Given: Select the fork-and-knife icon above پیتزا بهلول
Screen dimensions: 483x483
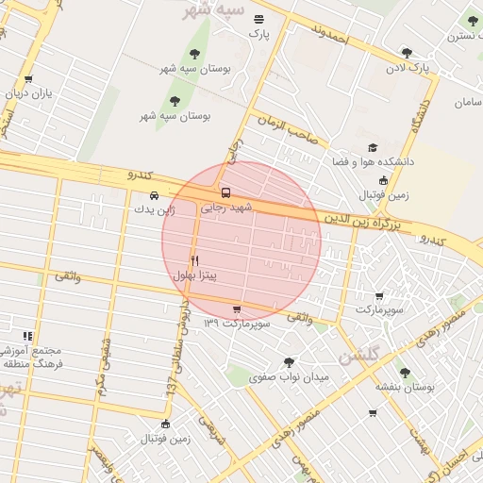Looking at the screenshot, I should click(x=195, y=260).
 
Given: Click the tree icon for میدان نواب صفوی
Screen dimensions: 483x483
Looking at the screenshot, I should click(x=288, y=362).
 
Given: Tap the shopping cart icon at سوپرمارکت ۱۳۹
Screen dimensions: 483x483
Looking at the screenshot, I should click(x=236, y=309).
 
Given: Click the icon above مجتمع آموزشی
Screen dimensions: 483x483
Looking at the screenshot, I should click(x=28, y=336).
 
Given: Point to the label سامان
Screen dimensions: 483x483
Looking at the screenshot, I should click(x=466, y=101).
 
